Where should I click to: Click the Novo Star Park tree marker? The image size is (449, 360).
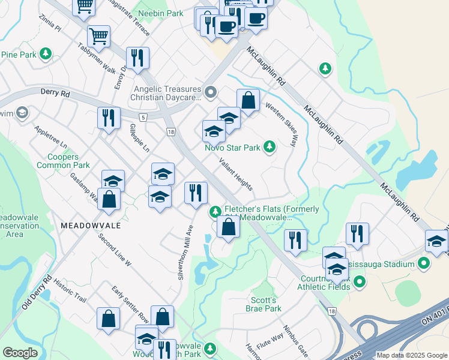pyautogui.click(x=270, y=146)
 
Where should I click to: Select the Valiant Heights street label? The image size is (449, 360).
pyautogui.click(x=235, y=173)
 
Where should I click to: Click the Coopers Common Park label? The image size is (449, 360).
pyautogui.click(x=64, y=161)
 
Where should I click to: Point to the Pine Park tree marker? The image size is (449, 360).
pyautogui.click(x=46, y=55)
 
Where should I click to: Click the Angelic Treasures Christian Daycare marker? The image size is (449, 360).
pyautogui.click(x=210, y=92)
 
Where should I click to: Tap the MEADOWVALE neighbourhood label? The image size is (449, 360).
pyautogui.click(x=90, y=225)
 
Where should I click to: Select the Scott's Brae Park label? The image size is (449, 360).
pyautogui.click(x=264, y=304)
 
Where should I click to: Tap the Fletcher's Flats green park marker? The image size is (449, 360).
pyautogui.click(x=215, y=212)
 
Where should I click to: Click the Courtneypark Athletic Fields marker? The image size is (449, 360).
pyautogui.click(x=360, y=281)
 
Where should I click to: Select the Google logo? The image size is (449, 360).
pyautogui.click(x=20, y=353)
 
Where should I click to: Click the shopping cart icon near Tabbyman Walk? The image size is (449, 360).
pyautogui.click(x=98, y=36)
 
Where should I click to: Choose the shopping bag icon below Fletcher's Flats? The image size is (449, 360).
pyautogui.click(x=228, y=227)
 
